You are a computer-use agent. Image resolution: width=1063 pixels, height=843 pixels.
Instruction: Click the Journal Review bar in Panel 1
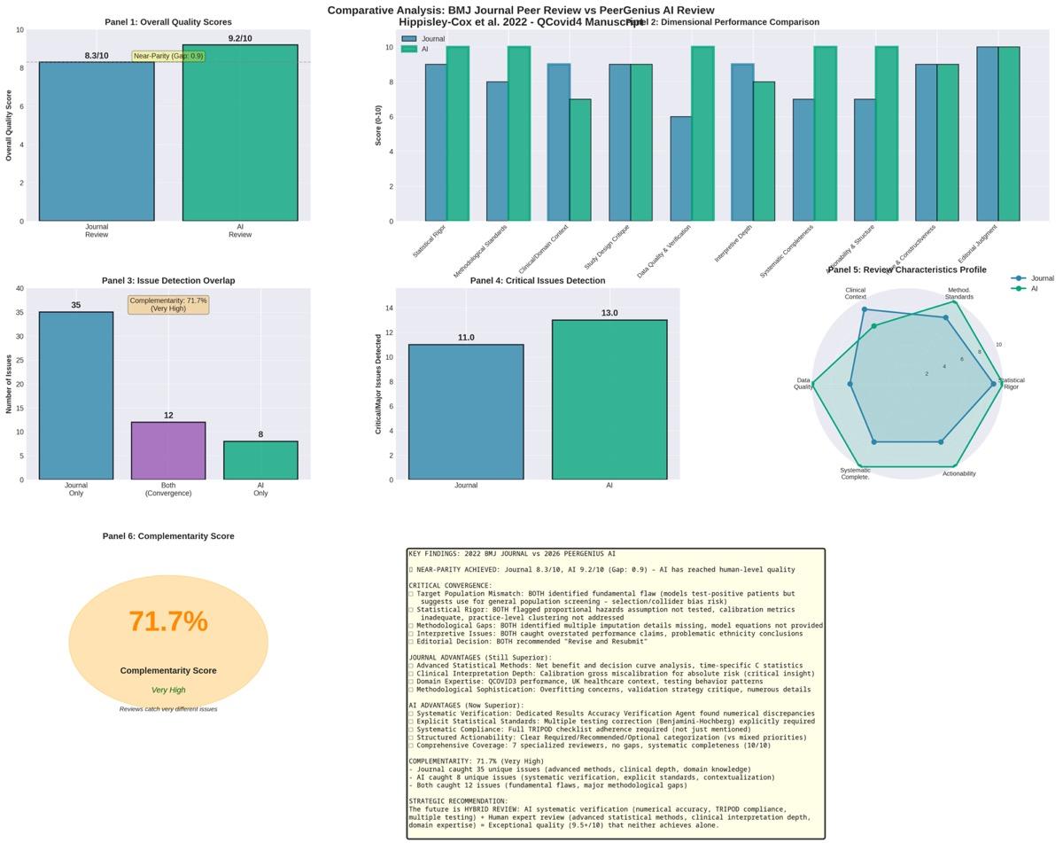[x=97, y=142]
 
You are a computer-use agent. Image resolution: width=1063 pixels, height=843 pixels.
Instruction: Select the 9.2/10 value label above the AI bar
[x=240, y=38]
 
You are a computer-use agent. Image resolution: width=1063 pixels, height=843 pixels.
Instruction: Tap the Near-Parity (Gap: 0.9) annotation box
[x=168, y=56]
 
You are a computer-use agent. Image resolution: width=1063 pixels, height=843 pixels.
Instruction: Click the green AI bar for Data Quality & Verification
[x=702, y=134]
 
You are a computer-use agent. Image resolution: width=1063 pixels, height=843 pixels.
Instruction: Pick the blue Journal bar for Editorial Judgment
[x=987, y=134]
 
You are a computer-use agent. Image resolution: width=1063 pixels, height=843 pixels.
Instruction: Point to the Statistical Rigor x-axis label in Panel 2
[x=430, y=241]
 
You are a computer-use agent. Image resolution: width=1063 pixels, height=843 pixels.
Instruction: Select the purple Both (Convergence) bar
[x=168, y=451]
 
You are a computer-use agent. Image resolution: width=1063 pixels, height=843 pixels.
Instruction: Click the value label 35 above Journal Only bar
[x=76, y=305]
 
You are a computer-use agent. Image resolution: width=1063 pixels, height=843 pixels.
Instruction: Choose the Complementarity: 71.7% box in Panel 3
[x=168, y=305]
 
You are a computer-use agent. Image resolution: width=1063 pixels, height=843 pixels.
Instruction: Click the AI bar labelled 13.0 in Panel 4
[x=609, y=400]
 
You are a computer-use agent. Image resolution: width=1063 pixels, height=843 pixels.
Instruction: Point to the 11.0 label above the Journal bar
[x=466, y=338]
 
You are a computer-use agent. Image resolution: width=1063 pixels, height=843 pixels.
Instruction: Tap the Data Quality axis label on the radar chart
[x=803, y=384]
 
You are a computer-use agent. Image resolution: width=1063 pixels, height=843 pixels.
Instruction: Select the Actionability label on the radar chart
[x=958, y=473]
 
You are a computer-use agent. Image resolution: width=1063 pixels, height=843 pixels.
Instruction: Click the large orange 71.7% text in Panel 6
[x=168, y=622]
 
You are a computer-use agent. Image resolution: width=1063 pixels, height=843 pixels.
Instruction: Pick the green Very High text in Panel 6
[x=168, y=690]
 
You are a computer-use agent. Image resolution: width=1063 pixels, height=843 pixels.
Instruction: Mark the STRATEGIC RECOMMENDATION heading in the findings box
[x=458, y=801]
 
